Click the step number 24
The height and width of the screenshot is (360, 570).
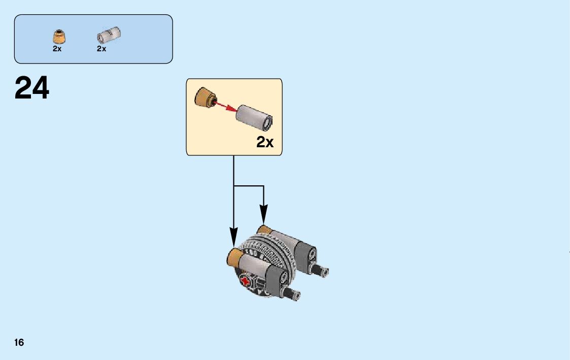tap(32, 88)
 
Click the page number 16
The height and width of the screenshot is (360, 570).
tap(19, 342)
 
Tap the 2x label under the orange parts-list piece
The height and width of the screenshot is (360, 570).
tap(57, 49)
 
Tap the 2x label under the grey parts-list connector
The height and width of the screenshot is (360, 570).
tap(102, 49)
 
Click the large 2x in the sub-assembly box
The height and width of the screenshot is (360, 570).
tap(264, 142)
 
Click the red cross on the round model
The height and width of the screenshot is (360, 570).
tap(246, 281)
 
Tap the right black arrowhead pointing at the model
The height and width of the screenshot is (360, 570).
tap(263, 214)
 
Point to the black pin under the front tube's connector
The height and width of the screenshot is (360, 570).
tap(293, 293)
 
